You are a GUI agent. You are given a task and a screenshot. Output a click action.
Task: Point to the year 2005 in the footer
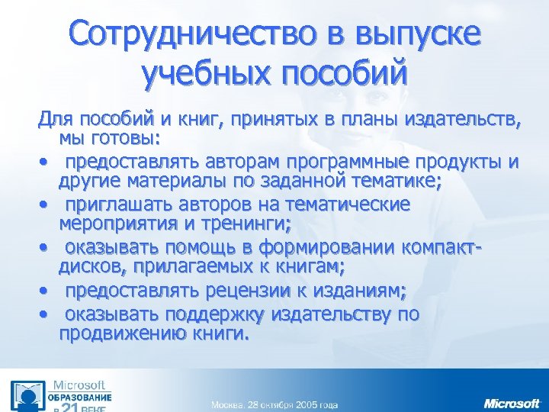coord(304,404)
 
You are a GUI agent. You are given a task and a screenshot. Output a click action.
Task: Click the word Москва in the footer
coord(228,404)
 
